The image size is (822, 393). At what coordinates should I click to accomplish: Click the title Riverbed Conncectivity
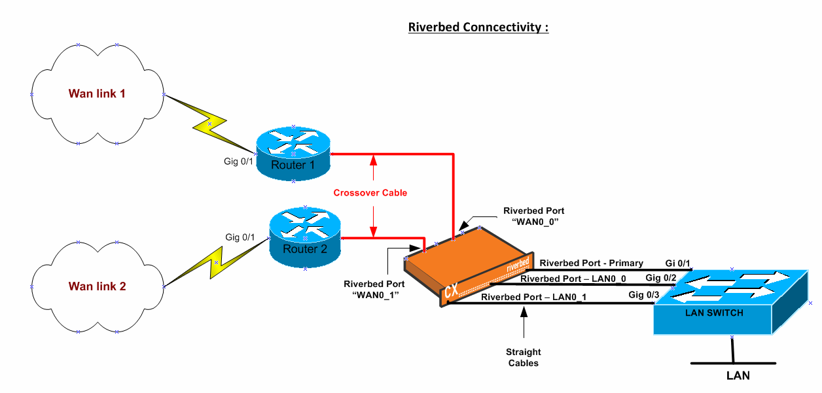click(478, 27)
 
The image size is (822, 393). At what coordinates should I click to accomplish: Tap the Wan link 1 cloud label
click(97, 94)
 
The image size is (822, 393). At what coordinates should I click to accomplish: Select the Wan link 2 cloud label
click(97, 286)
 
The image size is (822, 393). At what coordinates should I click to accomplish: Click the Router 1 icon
click(293, 154)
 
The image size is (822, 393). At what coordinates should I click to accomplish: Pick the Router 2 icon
click(305, 237)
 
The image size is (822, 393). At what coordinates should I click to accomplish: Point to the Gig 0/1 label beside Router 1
click(238, 162)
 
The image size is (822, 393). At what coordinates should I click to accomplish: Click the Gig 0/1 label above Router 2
click(240, 237)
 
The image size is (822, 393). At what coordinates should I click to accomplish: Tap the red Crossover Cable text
click(370, 193)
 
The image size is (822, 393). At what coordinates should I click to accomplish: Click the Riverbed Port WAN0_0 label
click(534, 216)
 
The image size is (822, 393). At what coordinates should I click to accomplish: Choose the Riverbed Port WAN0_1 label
click(374, 289)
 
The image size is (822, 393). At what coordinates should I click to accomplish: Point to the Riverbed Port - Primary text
click(591, 264)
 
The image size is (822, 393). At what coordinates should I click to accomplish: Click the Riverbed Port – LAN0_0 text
click(573, 279)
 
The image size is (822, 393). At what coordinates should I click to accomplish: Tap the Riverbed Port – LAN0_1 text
click(533, 297)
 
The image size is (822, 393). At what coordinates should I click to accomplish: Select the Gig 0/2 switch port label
click(660, 278)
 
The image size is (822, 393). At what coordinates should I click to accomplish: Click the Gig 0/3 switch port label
click(643, 295)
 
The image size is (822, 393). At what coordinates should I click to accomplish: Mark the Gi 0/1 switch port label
click(678, 264)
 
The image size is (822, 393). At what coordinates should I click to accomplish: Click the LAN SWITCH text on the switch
click(714, 313)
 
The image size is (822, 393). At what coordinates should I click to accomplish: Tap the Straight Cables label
click(524, 358)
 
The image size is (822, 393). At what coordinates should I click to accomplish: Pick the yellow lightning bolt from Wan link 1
click(209, 124)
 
